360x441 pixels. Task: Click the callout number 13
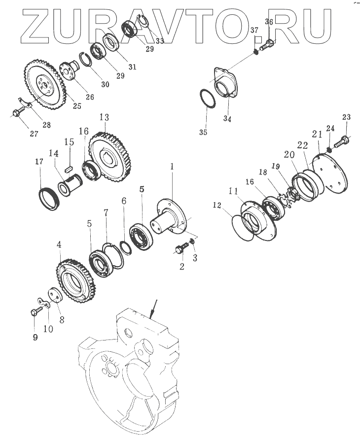[x=104, y=117]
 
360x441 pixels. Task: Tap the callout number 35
[x=203, y=132]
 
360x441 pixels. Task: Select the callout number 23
[x=346, y=116]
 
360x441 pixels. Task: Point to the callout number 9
[x=35, y=337]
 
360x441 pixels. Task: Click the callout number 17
[x=39, y=162]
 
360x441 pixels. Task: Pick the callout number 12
[x=217, y=205]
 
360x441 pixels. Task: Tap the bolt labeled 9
[x=36, y=310]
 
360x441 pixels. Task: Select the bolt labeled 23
[x=341, y=141]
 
